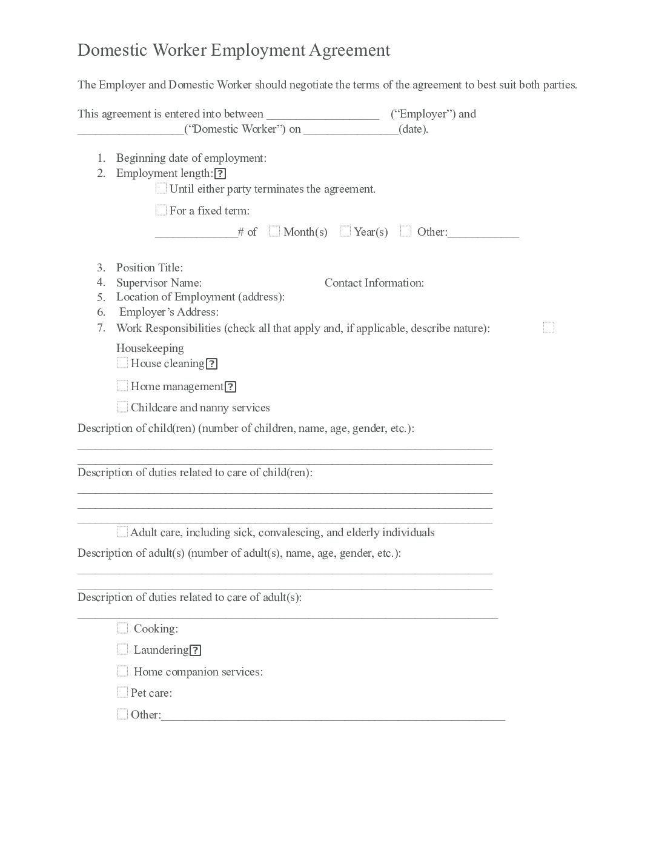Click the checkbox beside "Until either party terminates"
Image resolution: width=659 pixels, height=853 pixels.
point(161,188)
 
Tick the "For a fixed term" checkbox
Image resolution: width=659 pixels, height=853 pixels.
point(161,210)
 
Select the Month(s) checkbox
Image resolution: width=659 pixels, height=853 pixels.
point(274,231)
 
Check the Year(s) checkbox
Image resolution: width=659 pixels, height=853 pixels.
point(345,231)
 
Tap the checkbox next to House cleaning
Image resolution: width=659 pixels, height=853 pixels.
point(122,363)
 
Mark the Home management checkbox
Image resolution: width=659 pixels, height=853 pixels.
point(122,386)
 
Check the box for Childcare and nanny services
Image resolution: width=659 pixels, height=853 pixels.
point(122,407)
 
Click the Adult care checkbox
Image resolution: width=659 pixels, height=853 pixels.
point(122,532)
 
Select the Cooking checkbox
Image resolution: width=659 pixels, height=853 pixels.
point(122,628)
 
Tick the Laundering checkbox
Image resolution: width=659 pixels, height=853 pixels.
point(122,649)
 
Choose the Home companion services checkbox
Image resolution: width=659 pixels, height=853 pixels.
point(122,671)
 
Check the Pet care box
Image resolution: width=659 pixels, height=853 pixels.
point(122,692)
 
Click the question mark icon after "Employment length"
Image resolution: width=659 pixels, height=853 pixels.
point(220,174)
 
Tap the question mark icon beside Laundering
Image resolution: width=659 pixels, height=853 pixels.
point(195,651)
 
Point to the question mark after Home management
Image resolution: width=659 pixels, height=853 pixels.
point(230,387)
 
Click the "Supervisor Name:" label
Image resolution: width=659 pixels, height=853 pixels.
point(159,282)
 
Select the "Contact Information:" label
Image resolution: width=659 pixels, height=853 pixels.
point(374,282)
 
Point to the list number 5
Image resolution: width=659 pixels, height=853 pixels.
point(101,297)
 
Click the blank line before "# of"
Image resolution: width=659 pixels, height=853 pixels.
point(196,235)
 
